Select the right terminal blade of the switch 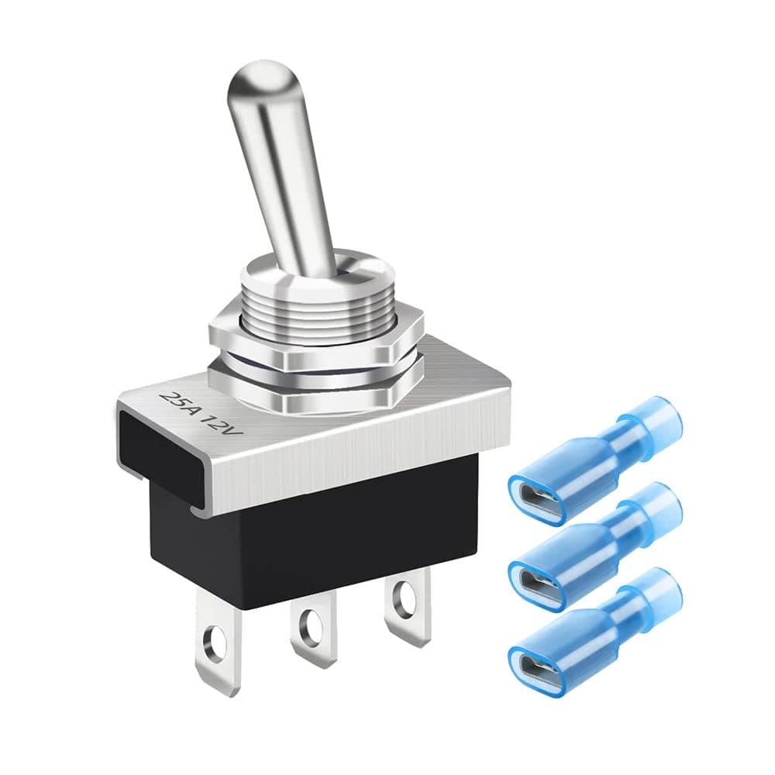click(x=408, y=604)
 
